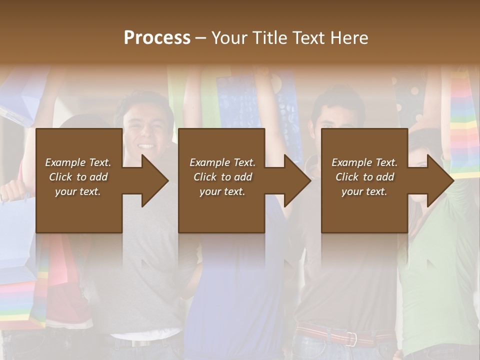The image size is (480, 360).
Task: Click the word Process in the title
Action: pyautogui.click(x=157, y=38)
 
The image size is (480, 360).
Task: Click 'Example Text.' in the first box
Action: pyautogui.click(x=78, y=162)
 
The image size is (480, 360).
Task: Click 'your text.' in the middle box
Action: pyautogui.click(x=222, y=191)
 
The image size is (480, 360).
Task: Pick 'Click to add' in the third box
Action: pyautogui.click(x=365, y=177)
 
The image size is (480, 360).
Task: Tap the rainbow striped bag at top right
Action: pyautogui.click(x=465, y=125)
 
